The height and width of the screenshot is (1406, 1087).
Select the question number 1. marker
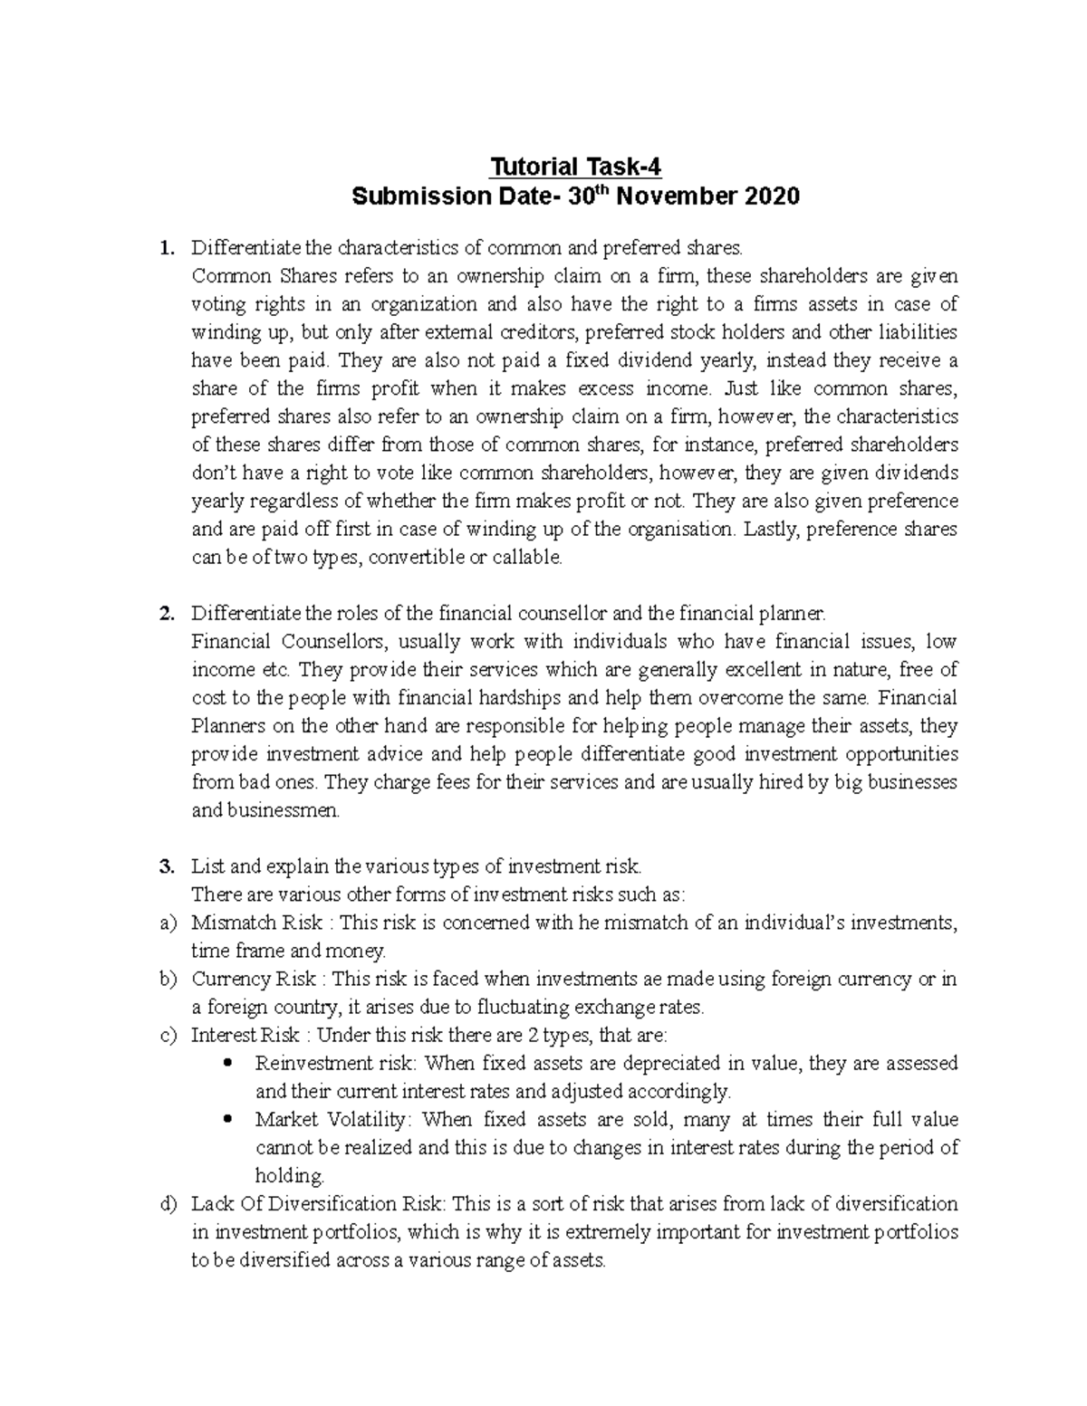[165, 247]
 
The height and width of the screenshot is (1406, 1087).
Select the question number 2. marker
[165, 614]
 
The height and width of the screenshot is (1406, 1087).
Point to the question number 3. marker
[165, 866]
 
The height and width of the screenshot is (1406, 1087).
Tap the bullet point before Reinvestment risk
[227, 1063]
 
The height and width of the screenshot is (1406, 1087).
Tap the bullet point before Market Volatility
[227, 1119]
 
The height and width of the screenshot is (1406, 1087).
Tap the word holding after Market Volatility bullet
[289, 1176]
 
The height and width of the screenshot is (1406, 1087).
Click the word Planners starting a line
[229, 726]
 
